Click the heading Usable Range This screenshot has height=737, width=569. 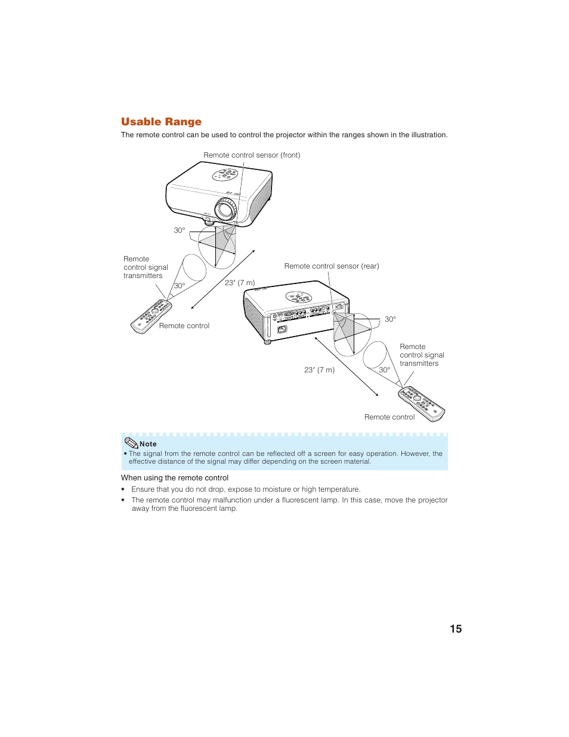point(161,122)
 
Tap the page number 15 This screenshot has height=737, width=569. point(456,629)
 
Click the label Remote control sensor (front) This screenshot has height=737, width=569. point(252,155)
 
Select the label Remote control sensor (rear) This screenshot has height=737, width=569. point(332,266)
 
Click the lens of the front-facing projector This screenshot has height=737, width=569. point(226,209)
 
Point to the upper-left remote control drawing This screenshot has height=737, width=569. point(151,317)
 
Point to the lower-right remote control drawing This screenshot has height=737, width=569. point(422,403)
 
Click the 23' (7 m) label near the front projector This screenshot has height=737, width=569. point(240,283)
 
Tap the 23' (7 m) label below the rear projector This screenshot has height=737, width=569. point(319,370)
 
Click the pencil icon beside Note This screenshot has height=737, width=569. point(131,443)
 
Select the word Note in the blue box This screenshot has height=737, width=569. point(148,444)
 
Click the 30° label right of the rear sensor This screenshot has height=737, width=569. point(390,319)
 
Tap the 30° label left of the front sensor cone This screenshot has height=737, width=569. point(180,230)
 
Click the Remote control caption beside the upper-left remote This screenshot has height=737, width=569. point(184,326)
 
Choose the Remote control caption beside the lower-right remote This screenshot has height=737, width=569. point(389,417)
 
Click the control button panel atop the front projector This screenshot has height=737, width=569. point(225,175)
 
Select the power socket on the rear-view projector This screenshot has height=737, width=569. point(283,329)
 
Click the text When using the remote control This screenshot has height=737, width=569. point(175,478)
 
